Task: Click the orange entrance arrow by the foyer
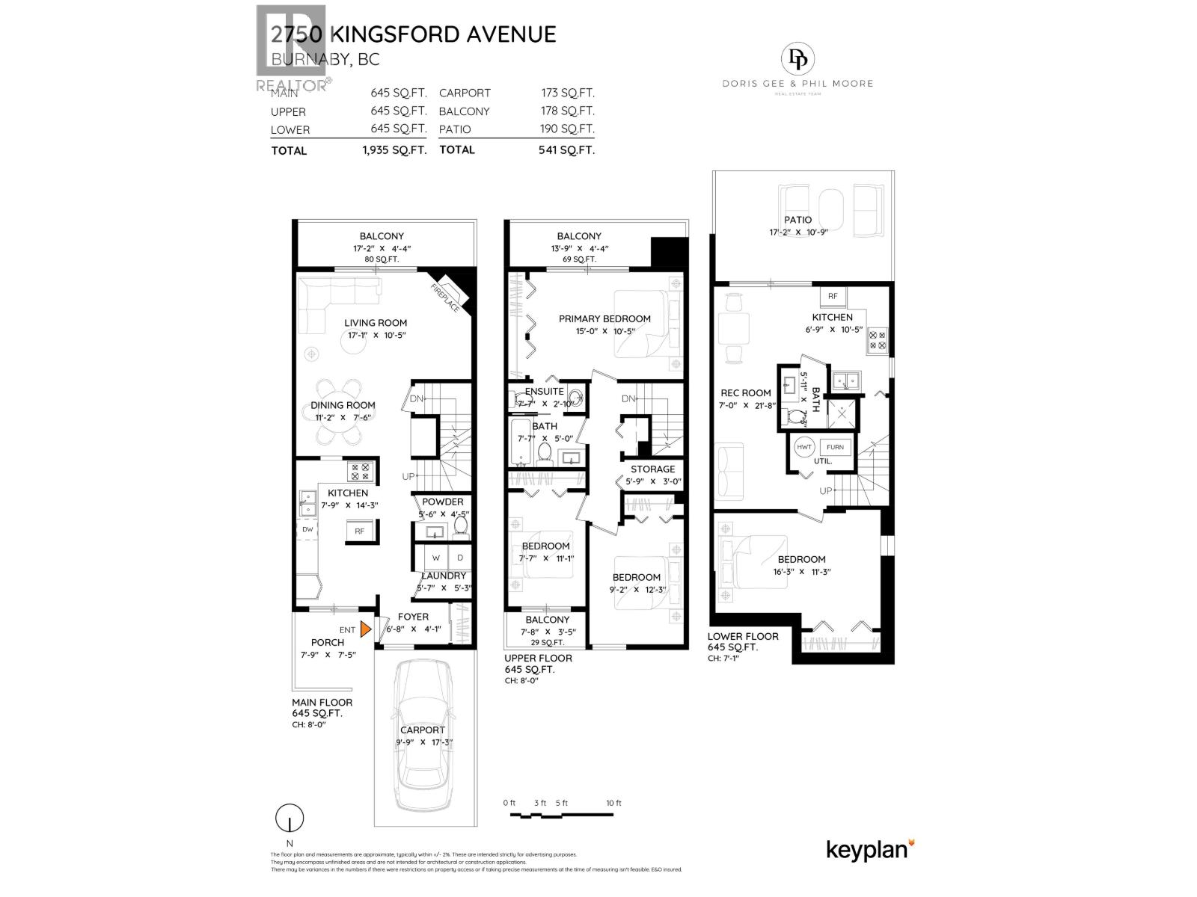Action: click(365, 629)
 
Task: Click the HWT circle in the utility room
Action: click(804, 447)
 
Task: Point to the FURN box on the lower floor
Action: click(835, 447)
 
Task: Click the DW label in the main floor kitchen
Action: click(307, 529)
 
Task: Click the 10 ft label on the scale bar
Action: click(613, 803)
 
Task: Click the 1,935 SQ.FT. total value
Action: click(394, 150)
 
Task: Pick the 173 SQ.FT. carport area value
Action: click(568, 93)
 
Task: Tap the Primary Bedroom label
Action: click(604, 318)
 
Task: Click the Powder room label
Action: click(442, 502)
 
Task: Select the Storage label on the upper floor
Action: click(652, 469)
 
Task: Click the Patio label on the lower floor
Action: click(798, 220)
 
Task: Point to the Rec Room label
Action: click(745, 392)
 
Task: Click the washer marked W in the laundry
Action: click(435, 558)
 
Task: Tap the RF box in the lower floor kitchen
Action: click(833, 297)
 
